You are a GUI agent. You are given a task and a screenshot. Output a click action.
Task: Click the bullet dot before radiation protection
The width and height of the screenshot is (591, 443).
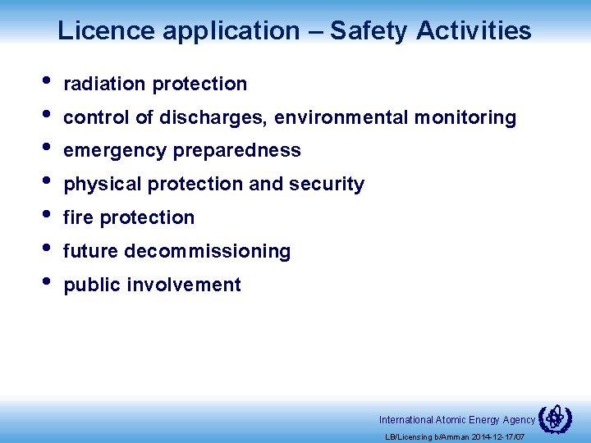pos(45,81)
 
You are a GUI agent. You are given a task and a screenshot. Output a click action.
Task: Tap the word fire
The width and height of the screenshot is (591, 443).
pos(78,217)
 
